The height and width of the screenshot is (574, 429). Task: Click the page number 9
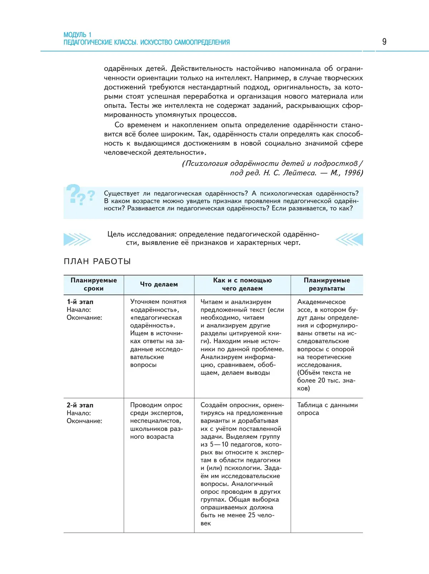click(384, 42)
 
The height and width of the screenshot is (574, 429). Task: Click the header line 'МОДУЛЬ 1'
click(77, 35)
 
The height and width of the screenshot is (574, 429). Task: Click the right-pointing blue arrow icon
click(77, 239)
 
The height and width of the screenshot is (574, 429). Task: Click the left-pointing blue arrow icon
click(349, 239)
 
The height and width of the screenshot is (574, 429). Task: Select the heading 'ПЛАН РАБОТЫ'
click(97, 262)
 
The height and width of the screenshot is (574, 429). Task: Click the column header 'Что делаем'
click(159, 284)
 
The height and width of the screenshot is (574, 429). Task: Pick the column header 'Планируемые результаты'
click(327, 284)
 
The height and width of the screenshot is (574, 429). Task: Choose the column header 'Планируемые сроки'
click(94, 284)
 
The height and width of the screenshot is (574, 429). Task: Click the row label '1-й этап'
click(80, 302)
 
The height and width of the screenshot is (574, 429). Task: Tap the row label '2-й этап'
click(80, 405)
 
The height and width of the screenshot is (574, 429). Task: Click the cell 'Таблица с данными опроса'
click(327, 409)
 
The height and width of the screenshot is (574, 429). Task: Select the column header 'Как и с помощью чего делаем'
click(242, 284)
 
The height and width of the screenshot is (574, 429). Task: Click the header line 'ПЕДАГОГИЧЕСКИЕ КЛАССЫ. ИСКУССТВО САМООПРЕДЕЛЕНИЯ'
click(147, 43)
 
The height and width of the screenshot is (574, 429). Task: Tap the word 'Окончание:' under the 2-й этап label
click(84, 421)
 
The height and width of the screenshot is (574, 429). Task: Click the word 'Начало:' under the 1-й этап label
click(79, 310)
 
